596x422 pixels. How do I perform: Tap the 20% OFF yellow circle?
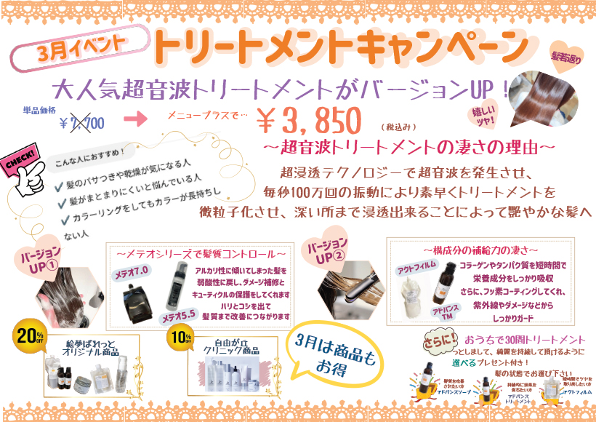(26, 335)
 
